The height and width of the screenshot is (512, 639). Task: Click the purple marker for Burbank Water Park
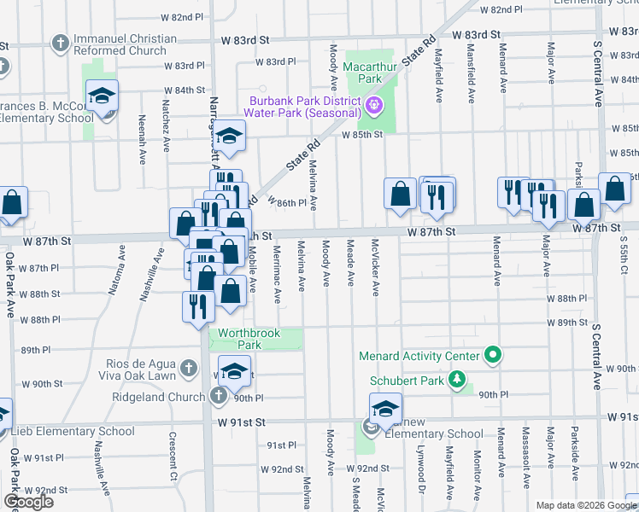[372, 107]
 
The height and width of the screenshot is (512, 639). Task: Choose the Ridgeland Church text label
[159, 397]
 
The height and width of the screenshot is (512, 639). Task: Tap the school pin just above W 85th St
[228, 137]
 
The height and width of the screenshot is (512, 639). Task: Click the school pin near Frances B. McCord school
[102, 97]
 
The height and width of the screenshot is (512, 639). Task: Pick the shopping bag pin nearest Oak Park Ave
[12, 204]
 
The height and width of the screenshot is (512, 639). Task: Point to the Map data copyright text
[586, 505]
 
